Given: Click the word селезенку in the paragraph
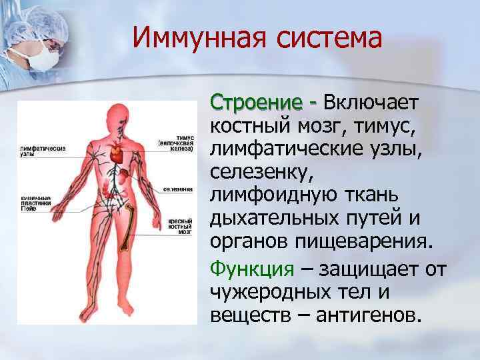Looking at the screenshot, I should [x=259, y=172].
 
